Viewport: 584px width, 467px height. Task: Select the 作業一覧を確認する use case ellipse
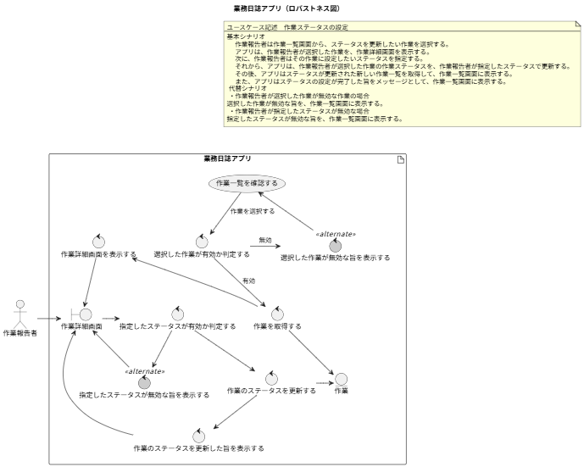click(247, 183)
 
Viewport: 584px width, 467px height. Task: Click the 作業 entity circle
click(341, 379)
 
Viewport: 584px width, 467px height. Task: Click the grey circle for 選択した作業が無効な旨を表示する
click(335, 244)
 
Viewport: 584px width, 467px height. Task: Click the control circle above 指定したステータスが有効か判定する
click(177, 314)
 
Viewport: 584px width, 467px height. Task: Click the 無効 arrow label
click(265, 241)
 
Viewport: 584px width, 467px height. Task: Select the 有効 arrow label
click(248, 281)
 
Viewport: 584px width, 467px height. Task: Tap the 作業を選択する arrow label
click(253, 211)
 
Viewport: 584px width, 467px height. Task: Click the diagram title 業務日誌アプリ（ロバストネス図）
click(286, 8)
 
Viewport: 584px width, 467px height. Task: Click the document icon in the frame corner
click(400, 160)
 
